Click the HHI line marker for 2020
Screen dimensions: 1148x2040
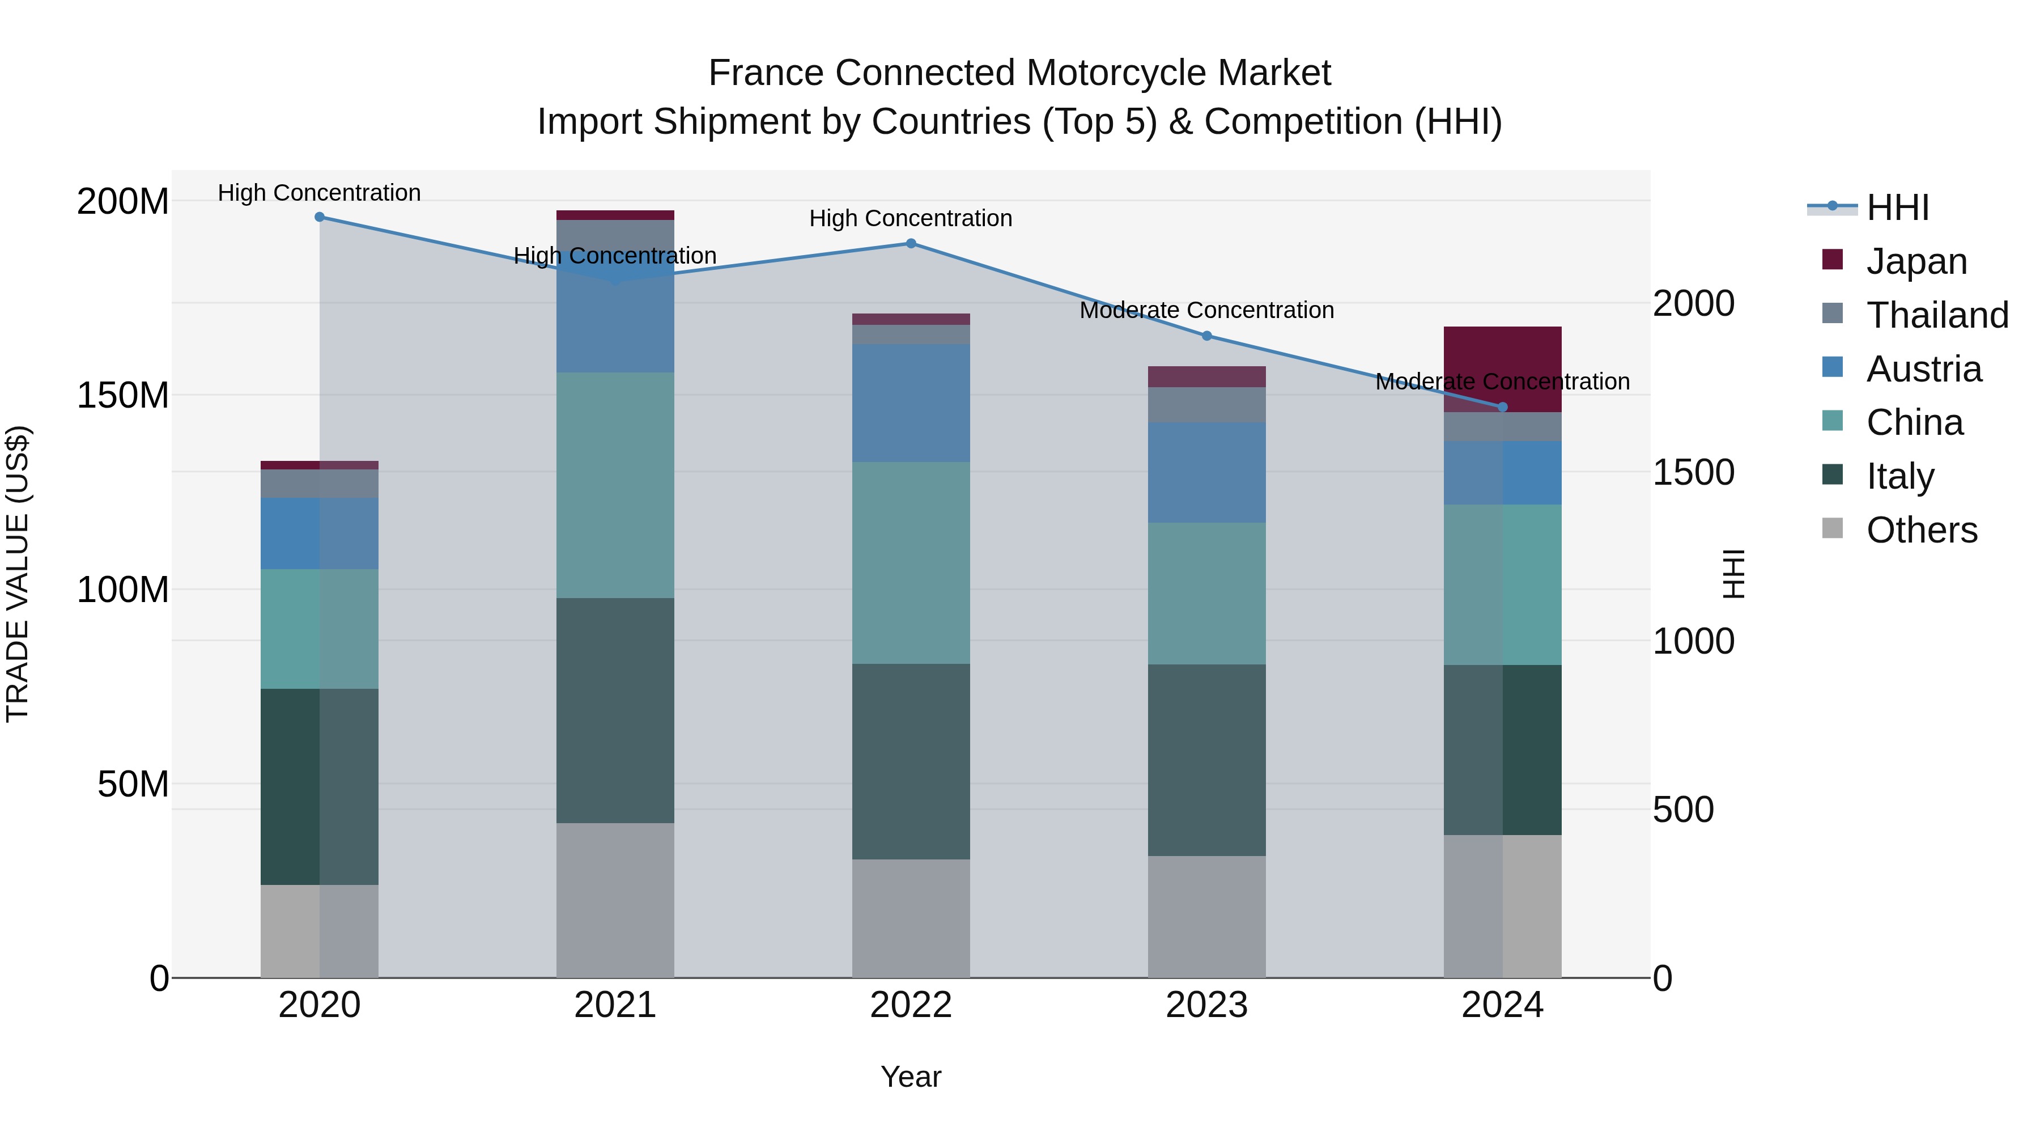(319, 217)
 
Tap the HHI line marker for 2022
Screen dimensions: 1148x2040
(911, 243)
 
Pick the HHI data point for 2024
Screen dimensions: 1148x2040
(1502, 407)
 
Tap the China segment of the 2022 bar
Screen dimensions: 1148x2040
(911, 562)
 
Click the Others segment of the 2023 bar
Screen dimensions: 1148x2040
(1207, 916)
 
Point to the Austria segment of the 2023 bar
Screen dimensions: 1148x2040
(1207, 472)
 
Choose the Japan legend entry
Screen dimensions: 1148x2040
(1916, 261)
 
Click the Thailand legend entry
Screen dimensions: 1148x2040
(1937, 315)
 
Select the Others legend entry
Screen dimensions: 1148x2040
(1921, 530)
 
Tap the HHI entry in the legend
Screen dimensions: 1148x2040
(1897, 207)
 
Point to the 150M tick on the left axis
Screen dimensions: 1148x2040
(123, 395)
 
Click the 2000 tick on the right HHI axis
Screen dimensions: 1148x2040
(1693, 303)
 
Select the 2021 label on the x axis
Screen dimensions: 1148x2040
(615, 1005)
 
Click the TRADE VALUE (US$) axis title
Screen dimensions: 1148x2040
(18, 574)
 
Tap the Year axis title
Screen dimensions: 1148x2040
(911, 1077)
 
